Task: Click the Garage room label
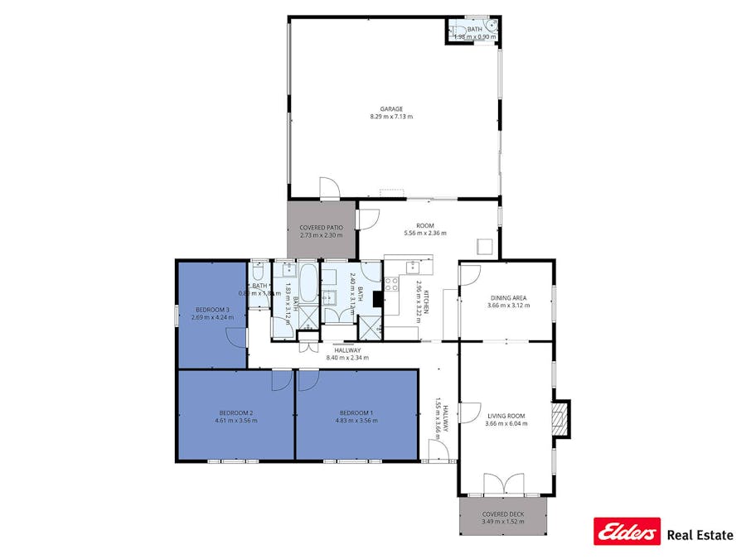click(391, 108)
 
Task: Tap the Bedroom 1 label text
click(356, 412)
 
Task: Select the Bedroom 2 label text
click(236, 412)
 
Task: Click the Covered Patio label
click(322, 227)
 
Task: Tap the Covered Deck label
click(503, 514)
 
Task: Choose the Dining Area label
click(509, 298)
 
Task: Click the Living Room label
click(506, 416)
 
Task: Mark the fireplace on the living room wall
click(561, 419)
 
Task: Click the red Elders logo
click(627, 532)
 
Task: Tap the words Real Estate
click(700, 535)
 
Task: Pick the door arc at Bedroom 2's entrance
click(282, 379)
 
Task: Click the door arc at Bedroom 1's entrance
click(308, 379)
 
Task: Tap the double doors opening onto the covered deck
click(503, 484)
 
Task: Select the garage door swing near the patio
click(329, 187)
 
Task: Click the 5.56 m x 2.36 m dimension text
click(425, 234)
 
